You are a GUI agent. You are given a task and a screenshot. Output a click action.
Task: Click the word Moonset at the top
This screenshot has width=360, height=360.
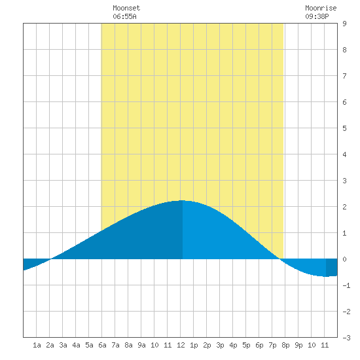(x=126, y=8)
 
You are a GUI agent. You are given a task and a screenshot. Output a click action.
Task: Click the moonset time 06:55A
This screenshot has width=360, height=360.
(x=124, y=16)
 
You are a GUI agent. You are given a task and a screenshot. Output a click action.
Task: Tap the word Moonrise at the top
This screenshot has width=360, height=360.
(x=321, y=8)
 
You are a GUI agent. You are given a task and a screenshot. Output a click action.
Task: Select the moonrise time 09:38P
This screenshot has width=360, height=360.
(x=317, y=16)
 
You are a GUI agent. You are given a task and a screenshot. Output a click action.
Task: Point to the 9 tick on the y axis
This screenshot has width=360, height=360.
(x=344, y=24)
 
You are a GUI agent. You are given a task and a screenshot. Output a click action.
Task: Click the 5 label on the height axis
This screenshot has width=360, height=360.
(x=344, y=128)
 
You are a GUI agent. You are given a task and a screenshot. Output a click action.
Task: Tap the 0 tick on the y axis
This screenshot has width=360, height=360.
(x=344, y=259)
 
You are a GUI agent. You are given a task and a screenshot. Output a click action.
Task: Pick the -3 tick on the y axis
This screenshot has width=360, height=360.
(x=346, y=338)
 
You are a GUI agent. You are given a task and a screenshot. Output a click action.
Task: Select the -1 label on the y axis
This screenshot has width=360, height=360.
(x=346, y=285)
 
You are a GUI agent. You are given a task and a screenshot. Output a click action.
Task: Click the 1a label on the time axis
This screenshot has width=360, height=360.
(x=37, y=345)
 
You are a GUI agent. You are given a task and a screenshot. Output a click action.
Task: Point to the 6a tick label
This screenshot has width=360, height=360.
(x=102, y=345)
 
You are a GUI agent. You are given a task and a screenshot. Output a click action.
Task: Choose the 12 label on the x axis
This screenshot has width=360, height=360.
(x=181, y=345)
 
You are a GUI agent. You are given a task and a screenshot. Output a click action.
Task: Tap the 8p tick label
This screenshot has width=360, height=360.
(x=285, y=345)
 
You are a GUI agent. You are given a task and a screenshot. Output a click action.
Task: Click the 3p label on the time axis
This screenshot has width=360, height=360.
(x=220, y=345)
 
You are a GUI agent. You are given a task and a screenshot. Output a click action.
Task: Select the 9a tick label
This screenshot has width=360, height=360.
(x=141, y=345)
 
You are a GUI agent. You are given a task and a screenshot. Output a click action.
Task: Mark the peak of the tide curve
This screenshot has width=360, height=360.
(x=182, y=200)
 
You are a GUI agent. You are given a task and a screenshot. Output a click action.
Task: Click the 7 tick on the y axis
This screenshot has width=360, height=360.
(x=344, y=76)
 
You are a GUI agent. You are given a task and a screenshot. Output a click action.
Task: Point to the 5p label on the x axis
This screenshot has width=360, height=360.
(x=246, y=345)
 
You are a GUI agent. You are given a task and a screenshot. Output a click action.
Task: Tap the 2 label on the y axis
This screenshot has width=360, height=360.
(x=344, y=207)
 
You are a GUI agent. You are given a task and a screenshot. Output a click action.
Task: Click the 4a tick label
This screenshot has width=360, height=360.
(x=76, y=345)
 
